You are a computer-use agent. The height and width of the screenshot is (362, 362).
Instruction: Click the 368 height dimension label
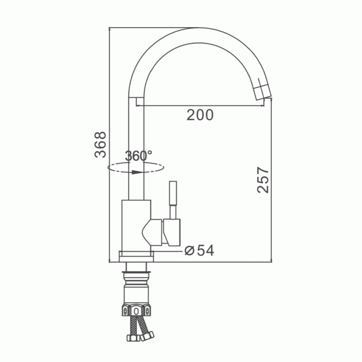click(x=100, y=145)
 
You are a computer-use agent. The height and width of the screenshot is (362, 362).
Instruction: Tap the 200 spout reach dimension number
click(x=200, y=115)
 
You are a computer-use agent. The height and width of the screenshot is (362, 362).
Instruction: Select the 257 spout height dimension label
click(x=263, y=180)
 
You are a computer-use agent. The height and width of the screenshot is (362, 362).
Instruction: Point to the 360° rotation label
click(x=138, y=156)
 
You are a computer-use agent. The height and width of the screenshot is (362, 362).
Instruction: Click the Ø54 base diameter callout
click(x=200, y=250)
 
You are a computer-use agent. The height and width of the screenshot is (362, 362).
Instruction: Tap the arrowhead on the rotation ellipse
click(x=137, y=172)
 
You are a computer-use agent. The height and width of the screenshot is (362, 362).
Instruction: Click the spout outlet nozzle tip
click(x=263, y=93)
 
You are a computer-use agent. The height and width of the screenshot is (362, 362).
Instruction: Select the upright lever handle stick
click(x=173, y=200)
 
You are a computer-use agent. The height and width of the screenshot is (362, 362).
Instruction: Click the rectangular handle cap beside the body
click(x=172, y=232)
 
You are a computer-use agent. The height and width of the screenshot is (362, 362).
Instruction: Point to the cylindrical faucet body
click(x=136, y=225)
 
